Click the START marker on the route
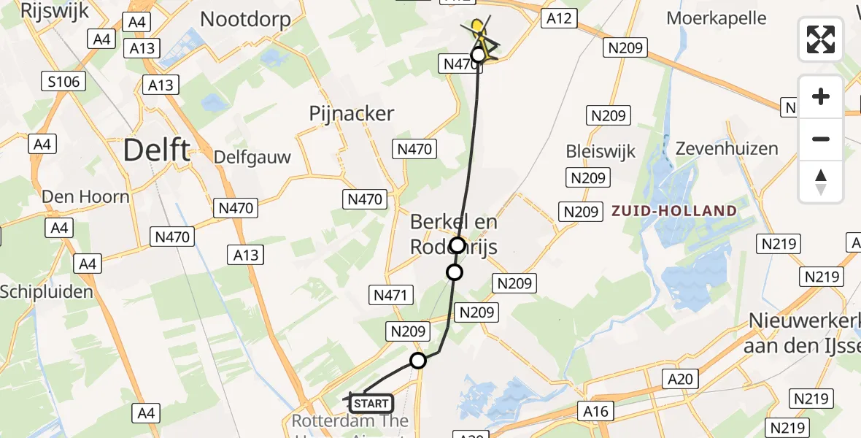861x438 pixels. point(371,404)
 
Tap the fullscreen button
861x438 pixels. point(821,39)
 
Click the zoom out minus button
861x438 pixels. point(821,139)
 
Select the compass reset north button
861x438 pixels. point(821,182)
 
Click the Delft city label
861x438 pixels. point(156,150)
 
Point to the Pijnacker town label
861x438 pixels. point(351,113)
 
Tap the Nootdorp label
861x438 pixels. point(245,19)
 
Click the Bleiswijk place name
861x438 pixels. point(601,152)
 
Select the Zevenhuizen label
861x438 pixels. point(727,148)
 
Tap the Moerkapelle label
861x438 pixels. point(716,18)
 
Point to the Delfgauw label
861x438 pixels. point(252,157)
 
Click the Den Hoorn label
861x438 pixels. point(85,196)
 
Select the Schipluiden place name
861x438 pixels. point(47,292)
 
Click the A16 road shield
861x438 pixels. point(595,411)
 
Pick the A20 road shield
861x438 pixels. point(680,379)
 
